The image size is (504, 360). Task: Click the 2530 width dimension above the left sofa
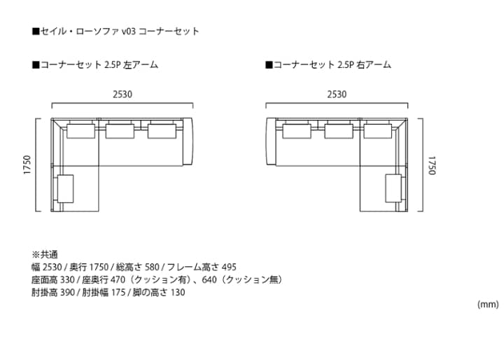122,95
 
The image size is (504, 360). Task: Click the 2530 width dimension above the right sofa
337,95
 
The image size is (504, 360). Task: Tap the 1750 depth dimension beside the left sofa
27,165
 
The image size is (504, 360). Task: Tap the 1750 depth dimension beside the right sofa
432,165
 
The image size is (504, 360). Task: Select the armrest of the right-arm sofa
271,142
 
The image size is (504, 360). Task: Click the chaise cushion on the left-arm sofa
66,189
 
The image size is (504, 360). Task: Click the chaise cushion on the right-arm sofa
393,189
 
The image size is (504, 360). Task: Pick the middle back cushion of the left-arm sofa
120,131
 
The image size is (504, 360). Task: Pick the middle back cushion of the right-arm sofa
339,131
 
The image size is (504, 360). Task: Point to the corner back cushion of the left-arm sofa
81,131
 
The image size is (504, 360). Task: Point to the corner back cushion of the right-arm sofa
378,131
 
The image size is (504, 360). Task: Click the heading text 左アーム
141,65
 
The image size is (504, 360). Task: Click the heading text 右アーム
374,65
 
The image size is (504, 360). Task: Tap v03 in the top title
129,32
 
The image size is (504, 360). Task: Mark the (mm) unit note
488,305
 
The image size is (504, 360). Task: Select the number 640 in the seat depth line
209,280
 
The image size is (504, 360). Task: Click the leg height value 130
178,293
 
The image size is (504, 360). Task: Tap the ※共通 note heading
45,255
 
